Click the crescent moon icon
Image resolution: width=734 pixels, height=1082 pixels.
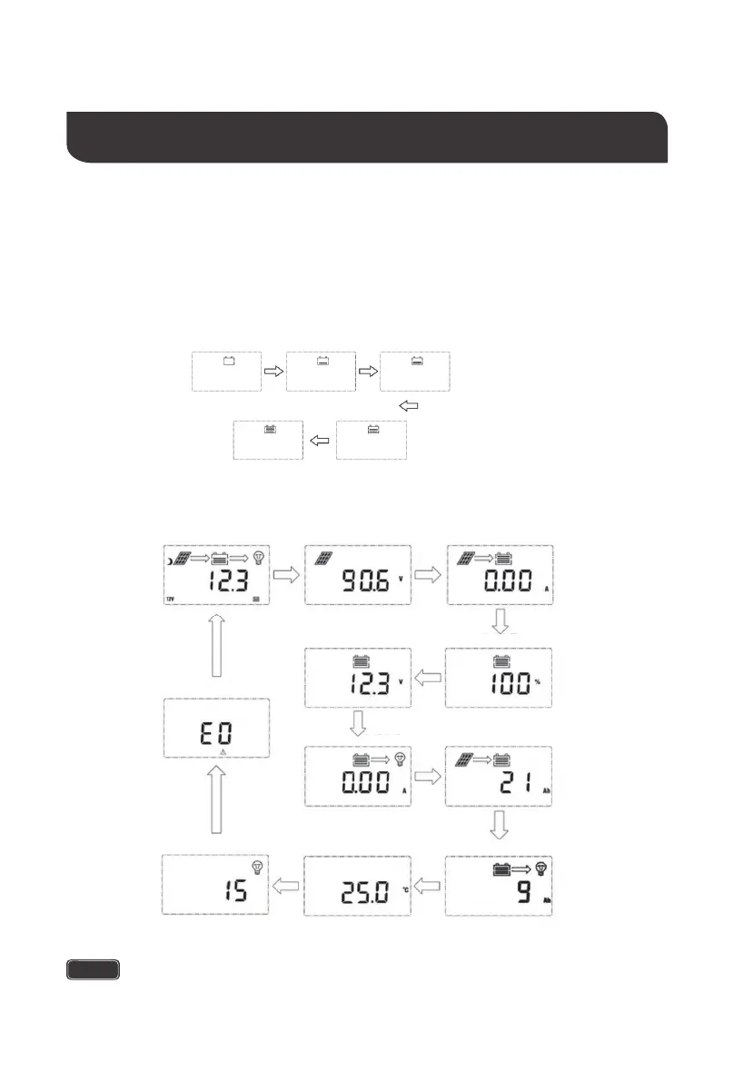pos(170,561)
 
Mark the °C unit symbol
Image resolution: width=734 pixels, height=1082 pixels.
pos(406,889)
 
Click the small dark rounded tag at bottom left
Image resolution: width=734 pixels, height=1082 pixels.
pos(93,969)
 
